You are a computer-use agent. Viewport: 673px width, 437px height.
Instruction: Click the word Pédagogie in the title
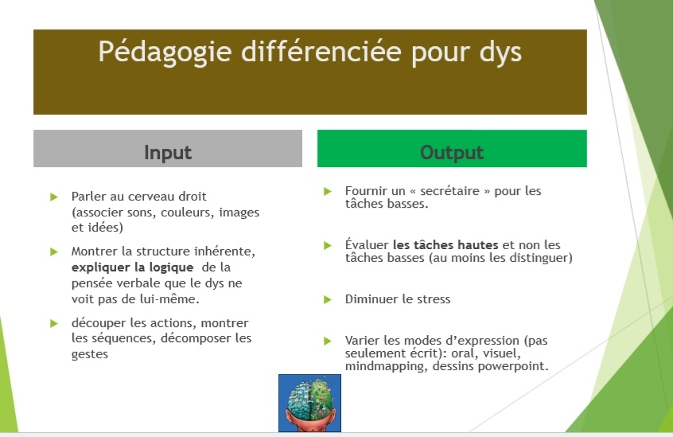tap(165, 53)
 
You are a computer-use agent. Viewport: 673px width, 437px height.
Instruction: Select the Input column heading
tap(168, 152)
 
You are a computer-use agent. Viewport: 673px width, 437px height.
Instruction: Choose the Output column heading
tap(452, 152)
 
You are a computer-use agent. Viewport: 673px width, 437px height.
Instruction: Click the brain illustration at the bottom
tap(310, 403)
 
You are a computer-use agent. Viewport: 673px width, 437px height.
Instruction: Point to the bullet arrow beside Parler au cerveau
tap(54, 197)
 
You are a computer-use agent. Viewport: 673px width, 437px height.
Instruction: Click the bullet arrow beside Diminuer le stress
tap(328, 299)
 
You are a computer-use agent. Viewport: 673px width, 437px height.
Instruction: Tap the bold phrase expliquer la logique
tap(132, 267)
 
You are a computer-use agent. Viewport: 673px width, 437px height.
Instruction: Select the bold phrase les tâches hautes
tap(445, 244)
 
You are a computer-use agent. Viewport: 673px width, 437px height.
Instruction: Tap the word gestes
tap(90, 354)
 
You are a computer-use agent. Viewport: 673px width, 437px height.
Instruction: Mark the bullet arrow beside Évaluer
tap(328, 245)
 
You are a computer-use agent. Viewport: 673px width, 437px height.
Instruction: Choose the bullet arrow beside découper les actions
tap(54, 323)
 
